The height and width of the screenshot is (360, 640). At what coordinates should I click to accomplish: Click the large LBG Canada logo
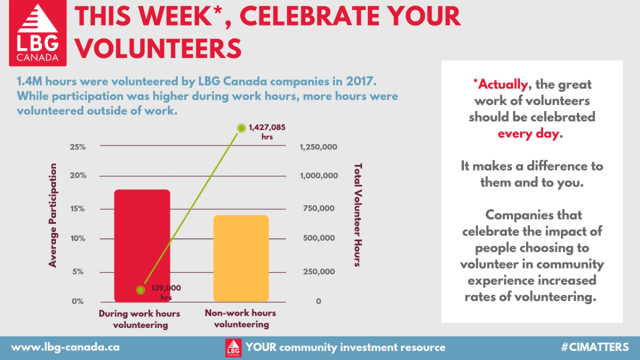[38, 33]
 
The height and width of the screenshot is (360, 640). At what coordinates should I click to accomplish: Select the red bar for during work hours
[142, 246]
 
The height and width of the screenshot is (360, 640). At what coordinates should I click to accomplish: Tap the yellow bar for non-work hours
[241, 259]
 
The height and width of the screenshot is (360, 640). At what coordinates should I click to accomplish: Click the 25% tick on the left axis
[78, 147]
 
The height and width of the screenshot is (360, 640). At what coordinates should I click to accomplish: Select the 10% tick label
[78, 238]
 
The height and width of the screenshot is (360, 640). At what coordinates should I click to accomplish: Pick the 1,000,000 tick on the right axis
[319, 175]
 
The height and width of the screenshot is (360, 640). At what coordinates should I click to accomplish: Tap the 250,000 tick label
[319, 271]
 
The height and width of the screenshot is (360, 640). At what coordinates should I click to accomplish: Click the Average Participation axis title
[53, 215]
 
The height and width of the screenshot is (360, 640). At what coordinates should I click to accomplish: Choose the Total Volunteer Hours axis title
[358, 215]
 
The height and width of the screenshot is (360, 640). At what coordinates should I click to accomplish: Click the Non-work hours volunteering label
[241, 318]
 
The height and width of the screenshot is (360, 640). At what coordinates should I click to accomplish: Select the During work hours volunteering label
[140, 319]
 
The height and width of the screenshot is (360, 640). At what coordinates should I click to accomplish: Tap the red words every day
[529, 134]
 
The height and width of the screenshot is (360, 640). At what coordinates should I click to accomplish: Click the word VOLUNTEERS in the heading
[158, 49]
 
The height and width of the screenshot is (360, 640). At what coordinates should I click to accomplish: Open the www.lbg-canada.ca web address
[65, 347]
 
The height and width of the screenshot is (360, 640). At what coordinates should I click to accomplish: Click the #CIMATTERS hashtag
[595, 347]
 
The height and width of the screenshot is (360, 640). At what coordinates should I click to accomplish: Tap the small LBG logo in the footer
[233, 348]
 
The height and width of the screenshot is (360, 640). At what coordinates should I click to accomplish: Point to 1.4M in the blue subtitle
[30, 82]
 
